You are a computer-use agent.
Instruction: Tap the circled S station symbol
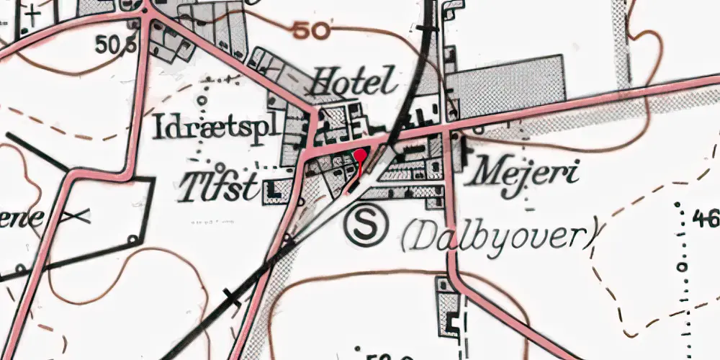pos(366,225)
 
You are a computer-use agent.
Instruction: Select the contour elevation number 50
pos(312,30)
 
